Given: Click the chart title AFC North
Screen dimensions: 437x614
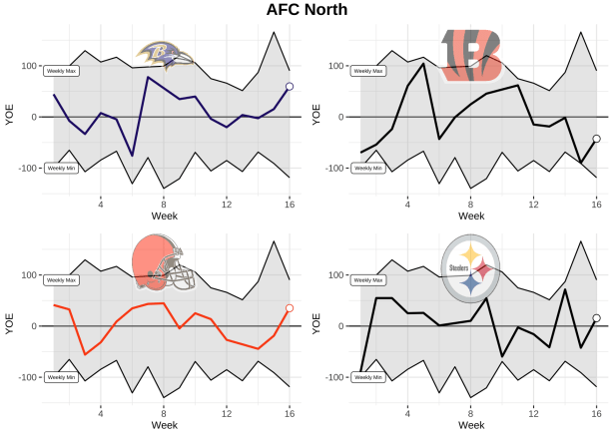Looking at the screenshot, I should [307, 10].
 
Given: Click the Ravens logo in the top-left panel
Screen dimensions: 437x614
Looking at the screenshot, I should [166, 56].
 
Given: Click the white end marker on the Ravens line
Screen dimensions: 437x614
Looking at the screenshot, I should [290, 87].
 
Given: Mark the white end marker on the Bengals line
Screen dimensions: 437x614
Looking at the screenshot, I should [596, 139].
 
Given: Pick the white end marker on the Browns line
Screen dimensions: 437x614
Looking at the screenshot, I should [290, 308].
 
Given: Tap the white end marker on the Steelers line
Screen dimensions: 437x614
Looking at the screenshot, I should [596, 318].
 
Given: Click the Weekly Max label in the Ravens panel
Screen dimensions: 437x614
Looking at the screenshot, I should [61, 71].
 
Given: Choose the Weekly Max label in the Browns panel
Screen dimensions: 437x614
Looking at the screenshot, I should [61, 280].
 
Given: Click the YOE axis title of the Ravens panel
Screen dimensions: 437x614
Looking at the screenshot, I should [10, 116].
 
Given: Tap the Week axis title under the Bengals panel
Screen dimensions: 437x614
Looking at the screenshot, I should [472, 216].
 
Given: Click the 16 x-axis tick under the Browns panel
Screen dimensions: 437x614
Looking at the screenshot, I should [290, 413].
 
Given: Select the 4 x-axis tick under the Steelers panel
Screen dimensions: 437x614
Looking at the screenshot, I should [407, 413].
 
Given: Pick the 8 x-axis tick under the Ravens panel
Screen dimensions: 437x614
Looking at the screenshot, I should [164, 204].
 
